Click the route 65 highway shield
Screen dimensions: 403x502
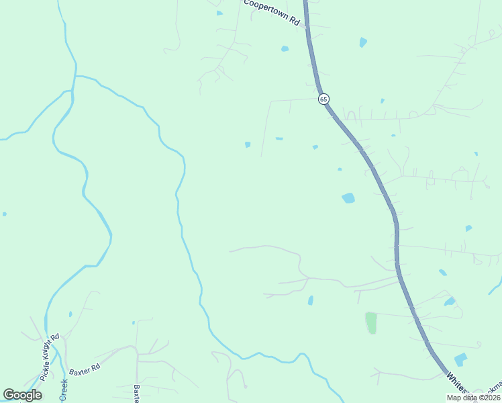click(x=324, y=99)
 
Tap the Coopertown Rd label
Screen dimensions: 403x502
click(x=271, y=12)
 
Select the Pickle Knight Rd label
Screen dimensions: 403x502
click(x=50, y=357)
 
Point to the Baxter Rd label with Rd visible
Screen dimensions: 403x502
click(x=85, y=368)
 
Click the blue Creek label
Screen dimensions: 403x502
click(x=64, y=390)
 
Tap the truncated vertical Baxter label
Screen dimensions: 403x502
click(x=137, y=393)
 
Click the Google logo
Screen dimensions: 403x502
click(x=23, y=395)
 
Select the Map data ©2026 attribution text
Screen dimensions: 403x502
click(x=473, y=398)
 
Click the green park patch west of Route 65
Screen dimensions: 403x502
click(x=371, y=322)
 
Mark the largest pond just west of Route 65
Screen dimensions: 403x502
click(x=348, y=198)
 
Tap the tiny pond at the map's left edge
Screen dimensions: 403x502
click(x=4, y=214)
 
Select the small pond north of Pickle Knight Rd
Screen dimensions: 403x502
click(x=70, y=314)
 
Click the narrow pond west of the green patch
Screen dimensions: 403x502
click(x=310, y=300)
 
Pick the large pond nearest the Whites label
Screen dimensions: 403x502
click(x=460, y=359)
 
